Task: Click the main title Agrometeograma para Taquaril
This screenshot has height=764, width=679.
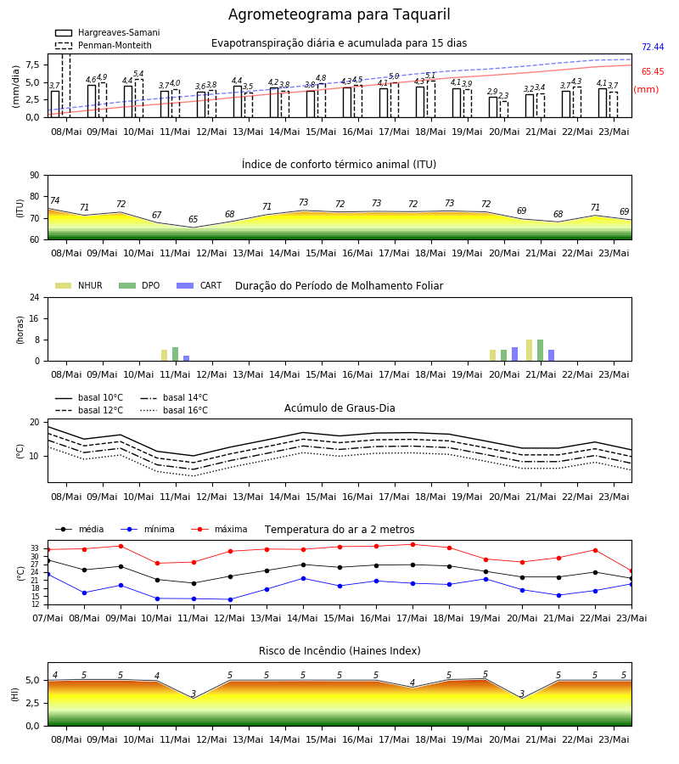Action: point(339,14)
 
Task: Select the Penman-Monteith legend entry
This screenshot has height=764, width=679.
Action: point(104,45)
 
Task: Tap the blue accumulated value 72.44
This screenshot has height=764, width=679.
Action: point(653,47)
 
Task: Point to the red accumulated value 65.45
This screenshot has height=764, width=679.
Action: point(653,71)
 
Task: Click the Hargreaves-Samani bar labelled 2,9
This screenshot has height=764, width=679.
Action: point(493,107)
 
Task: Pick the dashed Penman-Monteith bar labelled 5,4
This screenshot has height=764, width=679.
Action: point(139,98)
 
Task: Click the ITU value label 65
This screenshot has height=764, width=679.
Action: point(193,219)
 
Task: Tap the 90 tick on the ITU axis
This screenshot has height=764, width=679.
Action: point(35,176)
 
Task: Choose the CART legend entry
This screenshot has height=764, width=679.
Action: point(199,285)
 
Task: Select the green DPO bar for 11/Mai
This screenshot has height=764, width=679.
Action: point(176,354)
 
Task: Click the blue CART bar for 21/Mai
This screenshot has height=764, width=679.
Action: point(552,356)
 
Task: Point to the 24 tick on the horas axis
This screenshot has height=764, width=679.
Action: point(35,297)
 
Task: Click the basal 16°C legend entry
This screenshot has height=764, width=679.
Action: point(174,410)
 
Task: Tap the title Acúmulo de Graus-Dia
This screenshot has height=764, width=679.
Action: point(339,408)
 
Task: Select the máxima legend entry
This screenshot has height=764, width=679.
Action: point(219,529)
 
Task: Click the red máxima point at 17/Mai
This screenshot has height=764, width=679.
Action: point(413,545)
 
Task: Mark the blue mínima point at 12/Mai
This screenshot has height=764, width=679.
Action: point(230,599)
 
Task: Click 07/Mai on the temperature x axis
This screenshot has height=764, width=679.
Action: point(48,618)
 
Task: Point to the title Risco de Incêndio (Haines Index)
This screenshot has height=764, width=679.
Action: point(339,651)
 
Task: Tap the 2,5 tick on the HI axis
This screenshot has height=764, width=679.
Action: point(33,703)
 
